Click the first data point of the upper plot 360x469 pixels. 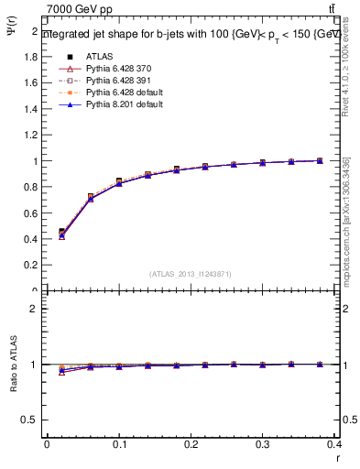pos(61,233)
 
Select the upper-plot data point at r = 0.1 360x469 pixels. pos(119,181)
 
